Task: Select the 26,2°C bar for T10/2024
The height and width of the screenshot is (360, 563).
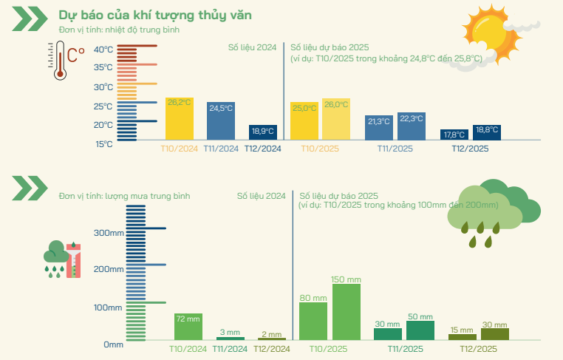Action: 180,118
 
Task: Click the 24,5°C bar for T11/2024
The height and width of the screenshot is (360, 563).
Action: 220,120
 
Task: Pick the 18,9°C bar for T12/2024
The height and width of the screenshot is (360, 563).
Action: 262,132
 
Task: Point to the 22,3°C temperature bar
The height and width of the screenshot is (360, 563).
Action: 412,126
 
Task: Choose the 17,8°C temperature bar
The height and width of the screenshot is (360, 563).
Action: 454,135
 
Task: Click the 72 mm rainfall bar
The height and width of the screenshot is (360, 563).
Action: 188,326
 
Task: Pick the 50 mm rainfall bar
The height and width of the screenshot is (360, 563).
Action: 420,330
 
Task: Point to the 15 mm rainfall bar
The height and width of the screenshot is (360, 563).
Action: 463,336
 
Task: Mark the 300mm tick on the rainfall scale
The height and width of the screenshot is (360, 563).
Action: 108,231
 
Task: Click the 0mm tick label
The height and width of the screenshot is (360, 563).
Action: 113,344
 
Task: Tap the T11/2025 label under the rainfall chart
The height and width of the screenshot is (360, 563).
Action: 404,349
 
